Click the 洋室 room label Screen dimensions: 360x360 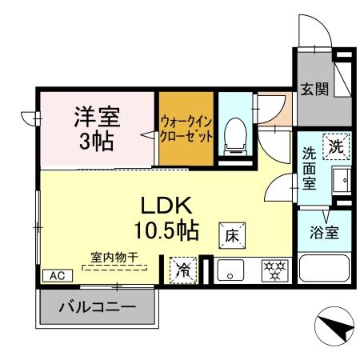click(x=97, y=117)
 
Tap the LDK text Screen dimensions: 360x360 click(x=167, y=203)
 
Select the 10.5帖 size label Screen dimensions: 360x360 click(x=167, y=230)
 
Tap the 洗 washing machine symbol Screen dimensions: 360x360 click(x=335, y=147)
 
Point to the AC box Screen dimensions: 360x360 click(x=57, y=274)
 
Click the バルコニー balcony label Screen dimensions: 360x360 click(x=98, y=307)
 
